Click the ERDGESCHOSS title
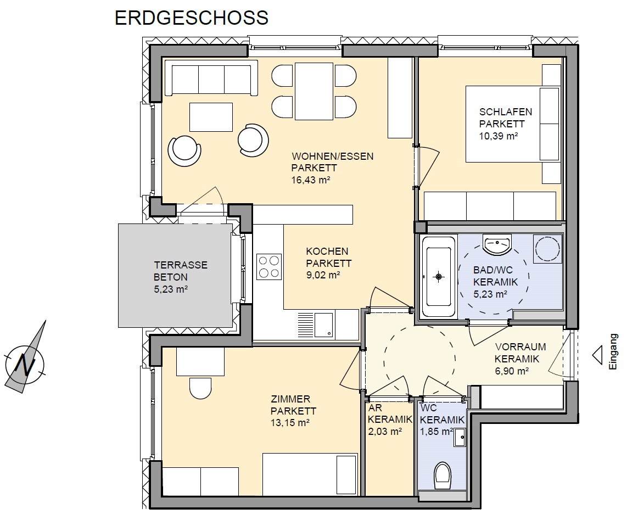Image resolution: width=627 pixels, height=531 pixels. coord(192,18)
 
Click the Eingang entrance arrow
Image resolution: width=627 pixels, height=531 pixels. coord(597,355)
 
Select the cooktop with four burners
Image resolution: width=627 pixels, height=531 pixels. coord(268,267)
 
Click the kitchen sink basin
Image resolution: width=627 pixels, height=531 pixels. coord(323,325)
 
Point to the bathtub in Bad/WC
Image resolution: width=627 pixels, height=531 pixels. coord(439,276)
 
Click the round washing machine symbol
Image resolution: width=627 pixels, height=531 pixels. coord(547,249)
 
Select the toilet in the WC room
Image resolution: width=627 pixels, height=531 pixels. coord(443,476)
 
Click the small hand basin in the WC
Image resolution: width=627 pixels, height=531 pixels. coord(460,438)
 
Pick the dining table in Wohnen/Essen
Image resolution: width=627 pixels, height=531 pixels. coord(314,91)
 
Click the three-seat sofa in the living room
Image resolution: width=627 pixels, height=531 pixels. coord(211,78)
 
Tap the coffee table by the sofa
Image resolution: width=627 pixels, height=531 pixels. coord(211,117)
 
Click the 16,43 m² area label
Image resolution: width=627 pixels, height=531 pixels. coord(311,180)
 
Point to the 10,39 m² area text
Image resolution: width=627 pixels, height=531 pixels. coord(499,136)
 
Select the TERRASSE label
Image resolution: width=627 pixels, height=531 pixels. coord(181,265)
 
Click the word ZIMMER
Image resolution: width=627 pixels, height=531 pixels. coord(290,399)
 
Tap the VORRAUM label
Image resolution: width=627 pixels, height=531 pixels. coord(520,346)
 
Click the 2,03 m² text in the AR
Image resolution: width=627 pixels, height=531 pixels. coord(385,432)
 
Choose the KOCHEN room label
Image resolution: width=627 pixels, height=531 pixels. coord(327,251)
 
